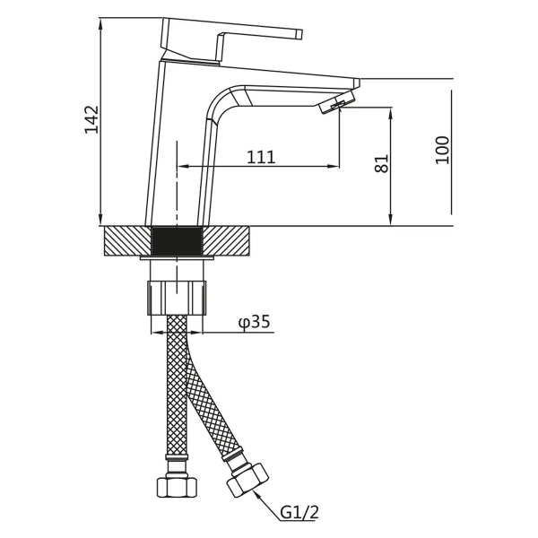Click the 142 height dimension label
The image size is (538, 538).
point(91,120)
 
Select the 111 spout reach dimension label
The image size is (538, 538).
point(261,157)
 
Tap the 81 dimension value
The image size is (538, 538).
point(382,164)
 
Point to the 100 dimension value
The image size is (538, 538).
point(442,151)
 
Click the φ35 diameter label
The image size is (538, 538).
point(255,322)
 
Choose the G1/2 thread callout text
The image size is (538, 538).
point(299,513)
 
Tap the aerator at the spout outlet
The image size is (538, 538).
point(336,102)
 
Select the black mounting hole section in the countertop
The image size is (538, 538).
point(177,241)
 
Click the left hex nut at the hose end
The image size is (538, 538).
point(177,487)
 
